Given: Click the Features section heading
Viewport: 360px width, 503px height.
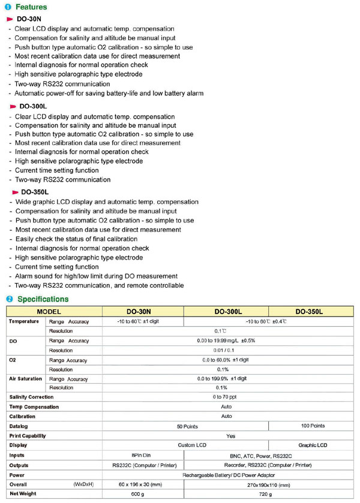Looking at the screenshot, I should pos(31,7).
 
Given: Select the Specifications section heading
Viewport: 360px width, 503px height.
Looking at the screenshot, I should pos(43,299).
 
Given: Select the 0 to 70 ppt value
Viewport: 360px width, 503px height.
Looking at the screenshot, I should pos(226,397).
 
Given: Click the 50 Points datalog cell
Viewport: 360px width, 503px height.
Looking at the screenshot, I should pos(187,426).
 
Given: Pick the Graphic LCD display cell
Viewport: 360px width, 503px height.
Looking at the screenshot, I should pos(313,445).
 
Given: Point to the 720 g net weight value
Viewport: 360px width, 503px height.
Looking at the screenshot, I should pos(264,494).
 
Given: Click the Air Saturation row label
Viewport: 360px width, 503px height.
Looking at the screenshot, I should pos(25,378).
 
